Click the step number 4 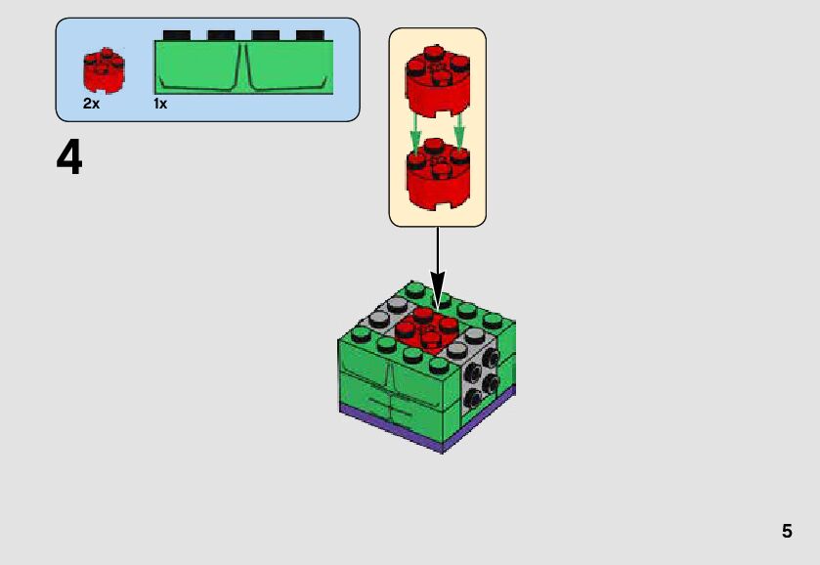(69, 158)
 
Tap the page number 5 (787, 532)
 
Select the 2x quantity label (91, 104)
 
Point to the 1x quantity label (160, 104)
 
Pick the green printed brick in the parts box (243, 67)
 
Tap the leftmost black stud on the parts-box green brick (177, 35)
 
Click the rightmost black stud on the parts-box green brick (310, 35)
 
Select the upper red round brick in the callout (437, 78)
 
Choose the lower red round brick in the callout (437, 176)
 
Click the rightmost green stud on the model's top (493, 320)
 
